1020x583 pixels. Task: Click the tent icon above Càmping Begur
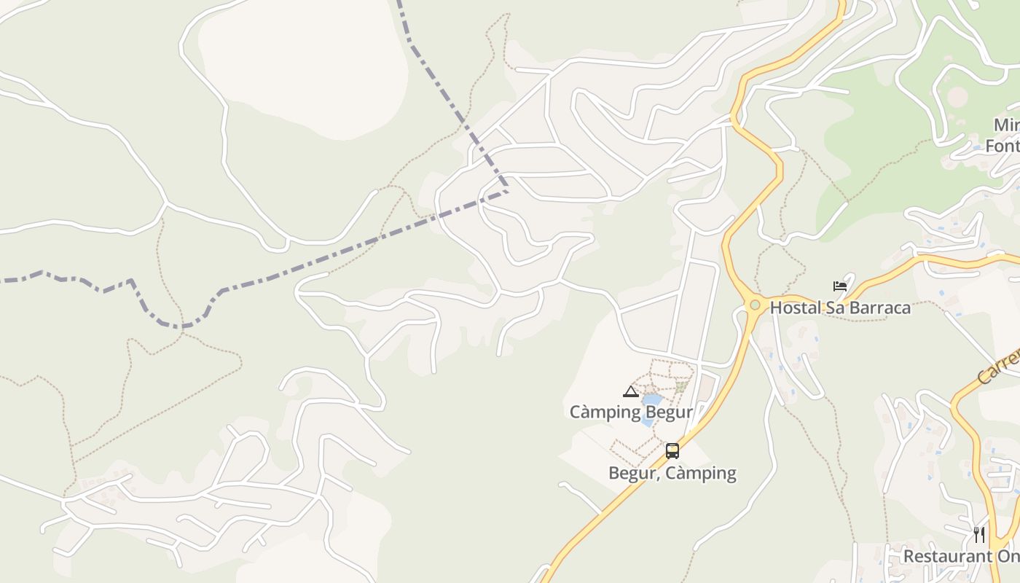pos(631,392)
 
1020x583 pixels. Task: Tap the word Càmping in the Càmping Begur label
pos(605,412)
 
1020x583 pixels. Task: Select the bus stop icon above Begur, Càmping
pos(672,451)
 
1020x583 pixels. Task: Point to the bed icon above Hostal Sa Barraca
pos(840,286)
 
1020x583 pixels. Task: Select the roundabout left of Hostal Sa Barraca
pos(755,305)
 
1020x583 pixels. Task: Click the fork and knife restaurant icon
pos(978,535)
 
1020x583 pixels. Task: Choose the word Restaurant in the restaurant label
pos(946,556)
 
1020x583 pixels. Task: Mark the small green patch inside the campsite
pos(681,386)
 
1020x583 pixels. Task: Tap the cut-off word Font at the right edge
pos(1003,146)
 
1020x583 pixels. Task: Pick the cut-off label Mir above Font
pos(1006,125)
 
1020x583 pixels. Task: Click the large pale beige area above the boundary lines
pos(306,66)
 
